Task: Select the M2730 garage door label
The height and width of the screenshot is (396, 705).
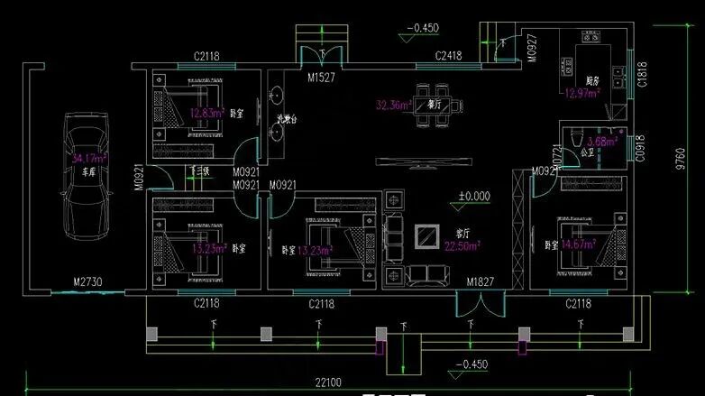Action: coord(88,282)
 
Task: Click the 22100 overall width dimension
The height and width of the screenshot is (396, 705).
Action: coord(328,383)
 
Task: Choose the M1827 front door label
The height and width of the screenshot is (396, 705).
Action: coord(481,283)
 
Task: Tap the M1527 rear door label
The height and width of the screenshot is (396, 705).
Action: coord(322,78)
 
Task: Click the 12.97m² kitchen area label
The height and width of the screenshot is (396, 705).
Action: coord(582,92)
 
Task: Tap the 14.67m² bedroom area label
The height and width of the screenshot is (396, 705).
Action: coord(579,244)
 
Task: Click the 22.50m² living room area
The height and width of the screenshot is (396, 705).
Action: coord(462,244)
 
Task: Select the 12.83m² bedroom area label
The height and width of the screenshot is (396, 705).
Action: coord(206,114)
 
